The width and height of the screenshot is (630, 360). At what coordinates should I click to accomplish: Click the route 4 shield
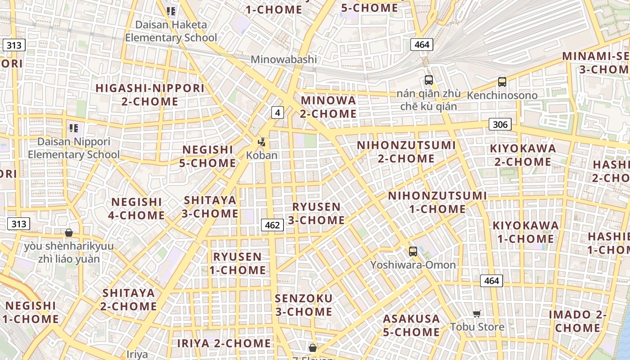[x=278, y=112]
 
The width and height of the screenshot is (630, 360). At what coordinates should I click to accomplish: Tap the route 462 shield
[x=272, y=225]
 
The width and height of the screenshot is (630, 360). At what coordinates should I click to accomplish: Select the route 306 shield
[x=500, y=124]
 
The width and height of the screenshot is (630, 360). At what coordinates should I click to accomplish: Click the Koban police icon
[x=261, y=143]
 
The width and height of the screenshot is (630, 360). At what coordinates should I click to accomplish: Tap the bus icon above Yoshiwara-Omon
[x=413, y=252]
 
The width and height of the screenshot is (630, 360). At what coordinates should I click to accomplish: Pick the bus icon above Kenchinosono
[x=502, y=82]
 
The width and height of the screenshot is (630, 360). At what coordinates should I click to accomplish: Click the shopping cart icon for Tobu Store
[x=477, y=314]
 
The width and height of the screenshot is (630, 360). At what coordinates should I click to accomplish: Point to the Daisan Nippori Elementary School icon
[x=74, y=128]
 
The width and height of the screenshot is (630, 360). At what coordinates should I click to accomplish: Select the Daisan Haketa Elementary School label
[x=171, y=31]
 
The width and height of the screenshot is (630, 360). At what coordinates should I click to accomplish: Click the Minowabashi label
[x=283, y=59]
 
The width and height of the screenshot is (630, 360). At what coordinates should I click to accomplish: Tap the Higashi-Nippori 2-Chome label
[x=150, y=94]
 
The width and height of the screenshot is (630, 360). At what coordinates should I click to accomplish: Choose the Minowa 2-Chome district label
[x=328, y=107]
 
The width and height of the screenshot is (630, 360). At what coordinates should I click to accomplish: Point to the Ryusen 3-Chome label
[x=316, y=213]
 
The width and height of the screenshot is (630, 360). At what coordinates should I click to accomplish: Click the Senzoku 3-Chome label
[x=303, y=305]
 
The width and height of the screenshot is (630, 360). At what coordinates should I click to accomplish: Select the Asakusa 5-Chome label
[x=411, y=325]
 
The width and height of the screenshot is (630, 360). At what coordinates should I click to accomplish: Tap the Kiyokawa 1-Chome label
[x=526, y=232]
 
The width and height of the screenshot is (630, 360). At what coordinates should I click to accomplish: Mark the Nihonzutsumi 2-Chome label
[x=406, y=152]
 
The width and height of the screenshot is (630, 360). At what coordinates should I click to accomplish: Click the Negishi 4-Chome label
[x=136, y=208]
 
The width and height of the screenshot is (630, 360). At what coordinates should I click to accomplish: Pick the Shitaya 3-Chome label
[x=210, y=207]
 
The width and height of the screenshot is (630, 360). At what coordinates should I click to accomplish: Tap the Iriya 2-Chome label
[x=224, y=343]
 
